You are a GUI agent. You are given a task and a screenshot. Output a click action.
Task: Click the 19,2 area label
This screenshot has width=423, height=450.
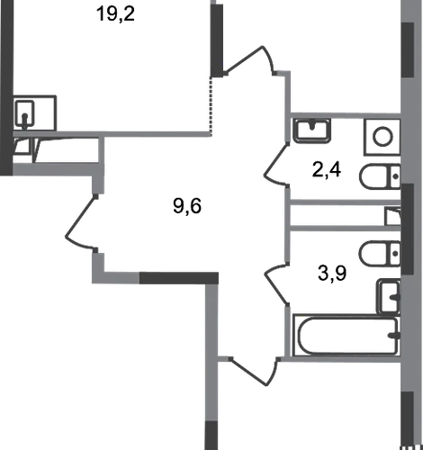point(115,14)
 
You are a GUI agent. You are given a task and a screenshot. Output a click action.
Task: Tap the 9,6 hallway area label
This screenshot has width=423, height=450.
point(187,206)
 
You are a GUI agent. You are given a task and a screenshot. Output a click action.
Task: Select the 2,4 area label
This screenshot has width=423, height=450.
point(327,170)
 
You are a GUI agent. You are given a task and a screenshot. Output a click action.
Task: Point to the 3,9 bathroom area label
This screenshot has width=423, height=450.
point(332,274)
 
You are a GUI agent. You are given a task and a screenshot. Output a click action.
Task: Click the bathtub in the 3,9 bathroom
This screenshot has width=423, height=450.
point(347,335)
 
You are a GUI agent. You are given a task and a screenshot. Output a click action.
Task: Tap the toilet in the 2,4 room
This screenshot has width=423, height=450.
point(380,176)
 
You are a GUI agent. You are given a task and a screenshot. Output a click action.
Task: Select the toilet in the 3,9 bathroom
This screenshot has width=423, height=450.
point(380,254)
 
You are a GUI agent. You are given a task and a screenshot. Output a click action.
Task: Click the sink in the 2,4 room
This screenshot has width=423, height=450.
point(312,130)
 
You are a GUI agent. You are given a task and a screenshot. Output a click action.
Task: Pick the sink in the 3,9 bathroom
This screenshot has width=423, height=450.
point(389,296)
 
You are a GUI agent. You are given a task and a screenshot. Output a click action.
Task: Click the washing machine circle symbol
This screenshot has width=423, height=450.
point(382,137)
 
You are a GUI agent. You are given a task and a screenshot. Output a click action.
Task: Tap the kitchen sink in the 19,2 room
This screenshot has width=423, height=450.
point(25,115)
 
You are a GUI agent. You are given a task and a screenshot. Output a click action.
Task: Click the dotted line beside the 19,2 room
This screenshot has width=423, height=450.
point(211,105)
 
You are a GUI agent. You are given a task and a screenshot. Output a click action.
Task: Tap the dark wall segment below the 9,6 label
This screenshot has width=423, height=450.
point(179,278)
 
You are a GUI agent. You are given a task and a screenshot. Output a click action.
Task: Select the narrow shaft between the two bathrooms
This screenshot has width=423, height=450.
point(346,215)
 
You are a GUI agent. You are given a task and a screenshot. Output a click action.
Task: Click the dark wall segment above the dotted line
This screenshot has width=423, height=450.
point(217,40)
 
